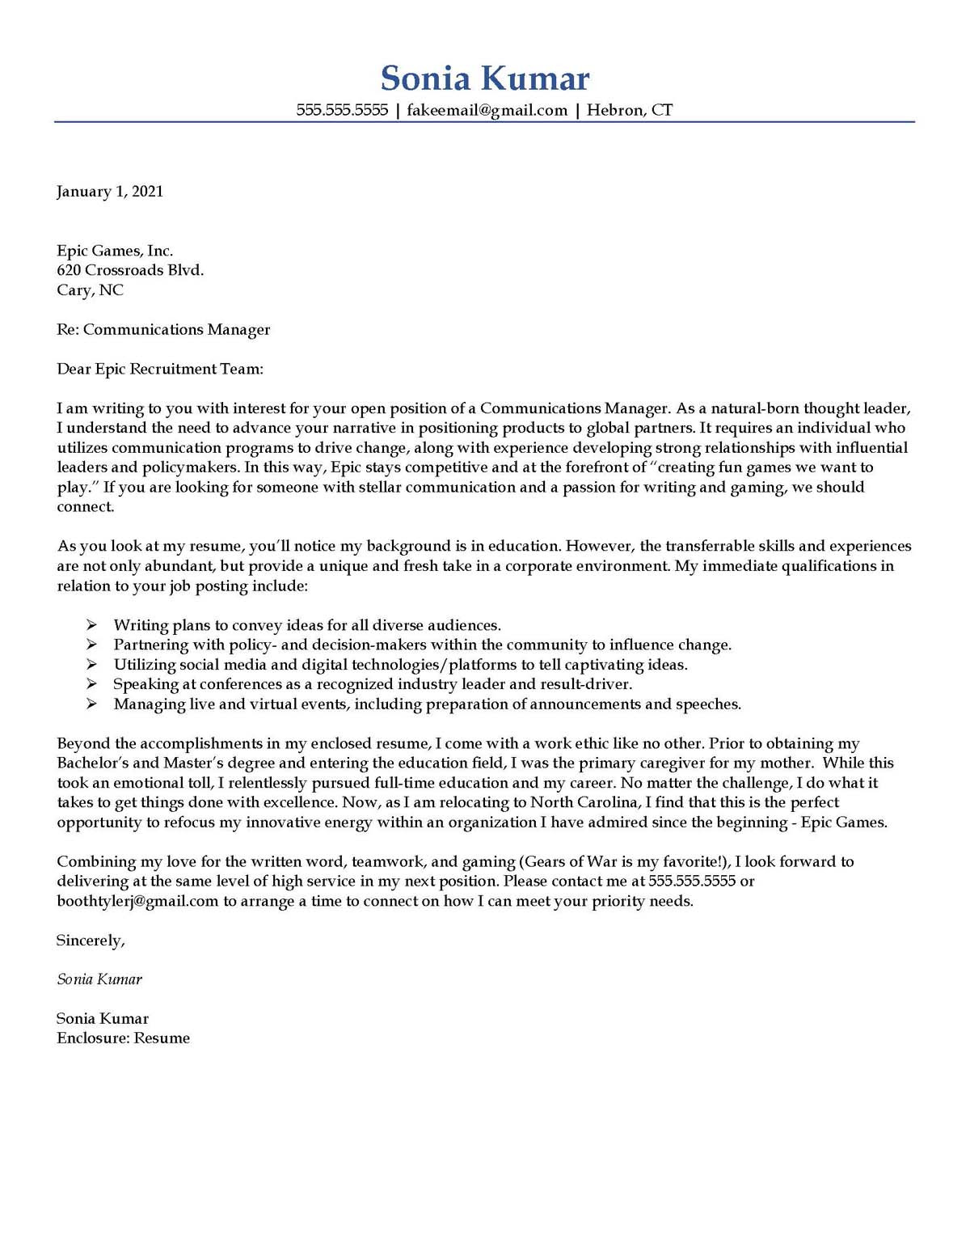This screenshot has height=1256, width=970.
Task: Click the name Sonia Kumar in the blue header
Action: [x=485, y=78]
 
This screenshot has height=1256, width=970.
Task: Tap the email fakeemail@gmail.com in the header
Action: [x=487, y=110]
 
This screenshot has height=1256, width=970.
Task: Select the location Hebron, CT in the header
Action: [x=629, y=110]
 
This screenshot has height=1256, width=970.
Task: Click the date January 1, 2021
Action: [x=110, y=192]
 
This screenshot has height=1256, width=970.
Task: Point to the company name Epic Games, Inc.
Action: [x=115, y=251]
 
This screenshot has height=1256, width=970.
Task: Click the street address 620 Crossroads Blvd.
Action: [x=130, y=270]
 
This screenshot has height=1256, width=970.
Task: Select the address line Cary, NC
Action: [x=90, y=290]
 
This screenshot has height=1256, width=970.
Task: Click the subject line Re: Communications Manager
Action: [x=163, y=330]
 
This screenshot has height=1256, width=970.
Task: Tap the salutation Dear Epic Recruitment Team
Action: [x=160, y=370]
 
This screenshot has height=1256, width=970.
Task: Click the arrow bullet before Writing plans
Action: [x=92, y=625]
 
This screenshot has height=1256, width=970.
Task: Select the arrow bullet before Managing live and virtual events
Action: [x=92, y=704]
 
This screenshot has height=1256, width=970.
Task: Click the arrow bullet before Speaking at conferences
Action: [x=92, y=684]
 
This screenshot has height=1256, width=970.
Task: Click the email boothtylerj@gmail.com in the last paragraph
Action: [x=137, y=902]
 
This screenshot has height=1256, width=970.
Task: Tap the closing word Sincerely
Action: [x=91, y=941]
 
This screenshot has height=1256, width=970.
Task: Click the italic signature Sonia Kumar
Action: [x=99, y=979]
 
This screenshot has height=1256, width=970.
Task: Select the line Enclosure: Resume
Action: [x=123, y=1038]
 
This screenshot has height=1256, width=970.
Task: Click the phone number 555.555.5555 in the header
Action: [x=342, y=110]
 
